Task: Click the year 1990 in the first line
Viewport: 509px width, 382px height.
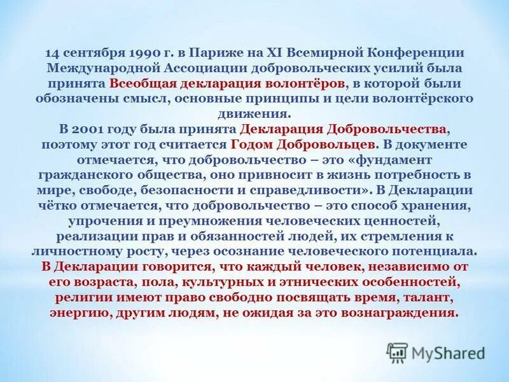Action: coord(150,53)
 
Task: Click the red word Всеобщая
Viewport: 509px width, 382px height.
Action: coord(136,83)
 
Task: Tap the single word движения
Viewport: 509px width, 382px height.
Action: coord(254,113)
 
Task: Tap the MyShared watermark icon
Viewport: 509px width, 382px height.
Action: coord(398,352)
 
